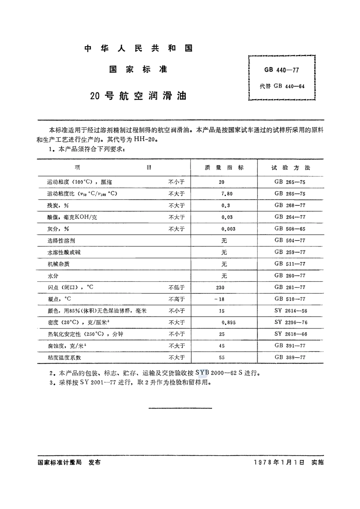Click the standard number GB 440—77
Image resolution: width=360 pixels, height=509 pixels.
(x=282, y=70)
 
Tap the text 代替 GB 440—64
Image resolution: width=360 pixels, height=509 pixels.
(x=282, y=86)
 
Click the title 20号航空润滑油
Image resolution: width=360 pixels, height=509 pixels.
(x=138, y=96)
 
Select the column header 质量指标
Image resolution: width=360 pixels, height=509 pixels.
(x=224, y=168)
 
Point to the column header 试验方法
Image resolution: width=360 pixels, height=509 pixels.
(x=291, y=168)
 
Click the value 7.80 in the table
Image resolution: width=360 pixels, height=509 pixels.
(x=227, y=194)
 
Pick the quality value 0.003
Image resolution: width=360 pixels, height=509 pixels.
(x=228, y=229)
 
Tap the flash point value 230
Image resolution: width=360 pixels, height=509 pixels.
(x=220, y=287)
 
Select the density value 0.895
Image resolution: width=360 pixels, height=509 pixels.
(x=229, y=323)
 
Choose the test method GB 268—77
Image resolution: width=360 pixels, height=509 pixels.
(x=290, y=205)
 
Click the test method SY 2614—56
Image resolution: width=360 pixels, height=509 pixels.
(x=291, y=311)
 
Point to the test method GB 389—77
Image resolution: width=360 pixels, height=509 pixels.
(x=290, y=357)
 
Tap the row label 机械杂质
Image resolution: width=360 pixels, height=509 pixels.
(x=58, y=264)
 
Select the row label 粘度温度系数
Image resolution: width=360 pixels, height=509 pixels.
(x=64, y=358)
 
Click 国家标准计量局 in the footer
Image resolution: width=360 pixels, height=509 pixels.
(x=60, y=462)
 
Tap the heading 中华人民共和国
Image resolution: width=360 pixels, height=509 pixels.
(x=138, y=48)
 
